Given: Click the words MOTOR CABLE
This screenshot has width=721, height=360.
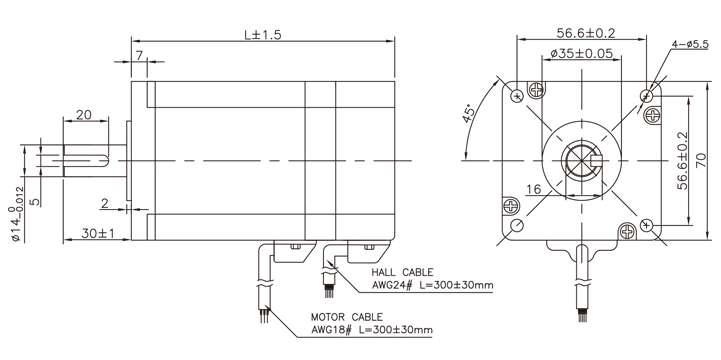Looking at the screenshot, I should pyautogui.click(x=344, y=316).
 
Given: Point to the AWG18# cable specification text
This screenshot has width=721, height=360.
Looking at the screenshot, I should pyautogui.click(x=372, y=329).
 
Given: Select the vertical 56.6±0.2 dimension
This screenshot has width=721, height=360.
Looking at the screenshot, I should pyautogui.click(x=683, y=159).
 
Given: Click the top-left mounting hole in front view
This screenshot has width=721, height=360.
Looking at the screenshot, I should pyautogui.click(x=517, y=95).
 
